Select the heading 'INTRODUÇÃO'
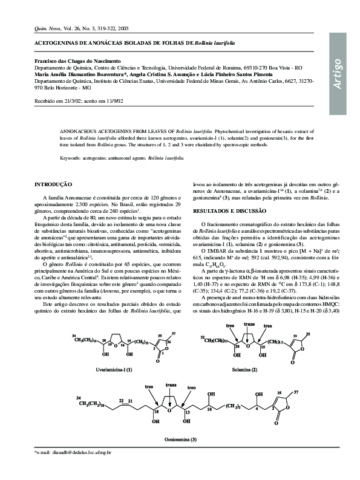53,184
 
